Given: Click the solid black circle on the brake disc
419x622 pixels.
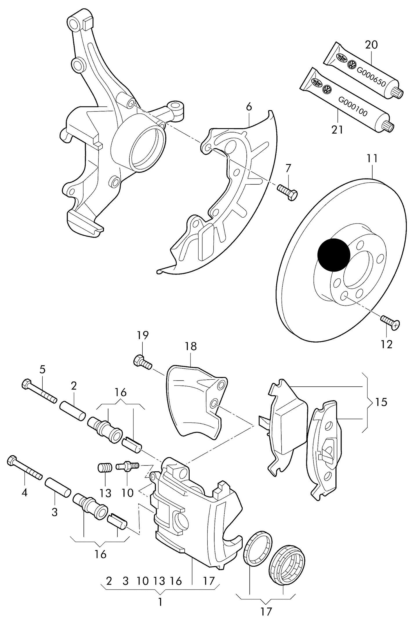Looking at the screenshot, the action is (334, 255).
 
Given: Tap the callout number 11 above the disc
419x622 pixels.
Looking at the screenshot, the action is (372, 159).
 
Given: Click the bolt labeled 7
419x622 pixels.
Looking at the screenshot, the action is (287, 192).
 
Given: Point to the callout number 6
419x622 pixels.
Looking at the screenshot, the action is (249, 107).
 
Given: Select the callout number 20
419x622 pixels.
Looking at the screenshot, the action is (371, 45).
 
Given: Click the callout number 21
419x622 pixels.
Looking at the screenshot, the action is (337, 130).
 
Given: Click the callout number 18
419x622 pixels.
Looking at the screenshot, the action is (191, 346).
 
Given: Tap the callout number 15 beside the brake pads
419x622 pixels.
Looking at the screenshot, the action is (381, 402).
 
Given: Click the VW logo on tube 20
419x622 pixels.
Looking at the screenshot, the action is (352, 65).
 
